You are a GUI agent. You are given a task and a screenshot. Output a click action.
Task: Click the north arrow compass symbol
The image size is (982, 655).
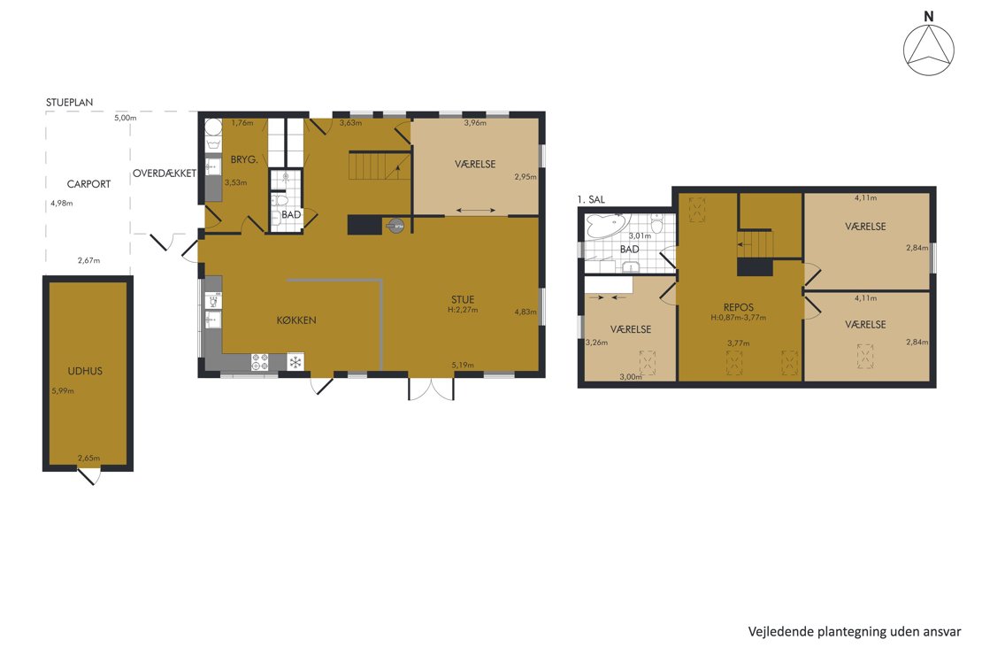929,50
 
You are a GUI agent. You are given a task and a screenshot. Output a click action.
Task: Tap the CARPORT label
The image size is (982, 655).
89,183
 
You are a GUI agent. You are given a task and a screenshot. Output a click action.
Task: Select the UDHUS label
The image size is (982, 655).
85,371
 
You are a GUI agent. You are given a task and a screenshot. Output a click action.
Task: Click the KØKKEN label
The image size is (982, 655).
296,320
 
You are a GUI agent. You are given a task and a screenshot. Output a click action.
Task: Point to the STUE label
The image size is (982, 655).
463,299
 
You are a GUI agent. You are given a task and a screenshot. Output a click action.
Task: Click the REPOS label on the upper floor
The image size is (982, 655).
739,307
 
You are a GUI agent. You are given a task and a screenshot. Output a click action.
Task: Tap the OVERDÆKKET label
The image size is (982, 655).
164,173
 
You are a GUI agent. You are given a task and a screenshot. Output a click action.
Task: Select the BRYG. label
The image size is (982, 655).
244,160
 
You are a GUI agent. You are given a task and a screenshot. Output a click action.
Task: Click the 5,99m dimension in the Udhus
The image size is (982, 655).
63,390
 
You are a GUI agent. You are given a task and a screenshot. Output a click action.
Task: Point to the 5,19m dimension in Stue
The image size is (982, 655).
463,365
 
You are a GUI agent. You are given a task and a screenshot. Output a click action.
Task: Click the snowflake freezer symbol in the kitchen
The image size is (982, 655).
295,362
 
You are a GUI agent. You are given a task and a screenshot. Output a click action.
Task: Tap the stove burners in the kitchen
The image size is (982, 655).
260,362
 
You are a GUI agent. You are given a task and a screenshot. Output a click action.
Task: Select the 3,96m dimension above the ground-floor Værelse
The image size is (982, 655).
475,123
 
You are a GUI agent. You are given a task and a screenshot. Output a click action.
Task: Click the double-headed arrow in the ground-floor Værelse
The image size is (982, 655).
475,211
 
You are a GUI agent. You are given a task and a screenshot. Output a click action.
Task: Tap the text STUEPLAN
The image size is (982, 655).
70,102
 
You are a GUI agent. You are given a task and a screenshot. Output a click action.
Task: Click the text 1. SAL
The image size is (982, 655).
591,199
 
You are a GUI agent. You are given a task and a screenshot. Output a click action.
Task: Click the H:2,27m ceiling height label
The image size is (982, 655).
463,310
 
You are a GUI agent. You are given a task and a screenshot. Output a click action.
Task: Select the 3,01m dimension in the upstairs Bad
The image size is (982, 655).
640,236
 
